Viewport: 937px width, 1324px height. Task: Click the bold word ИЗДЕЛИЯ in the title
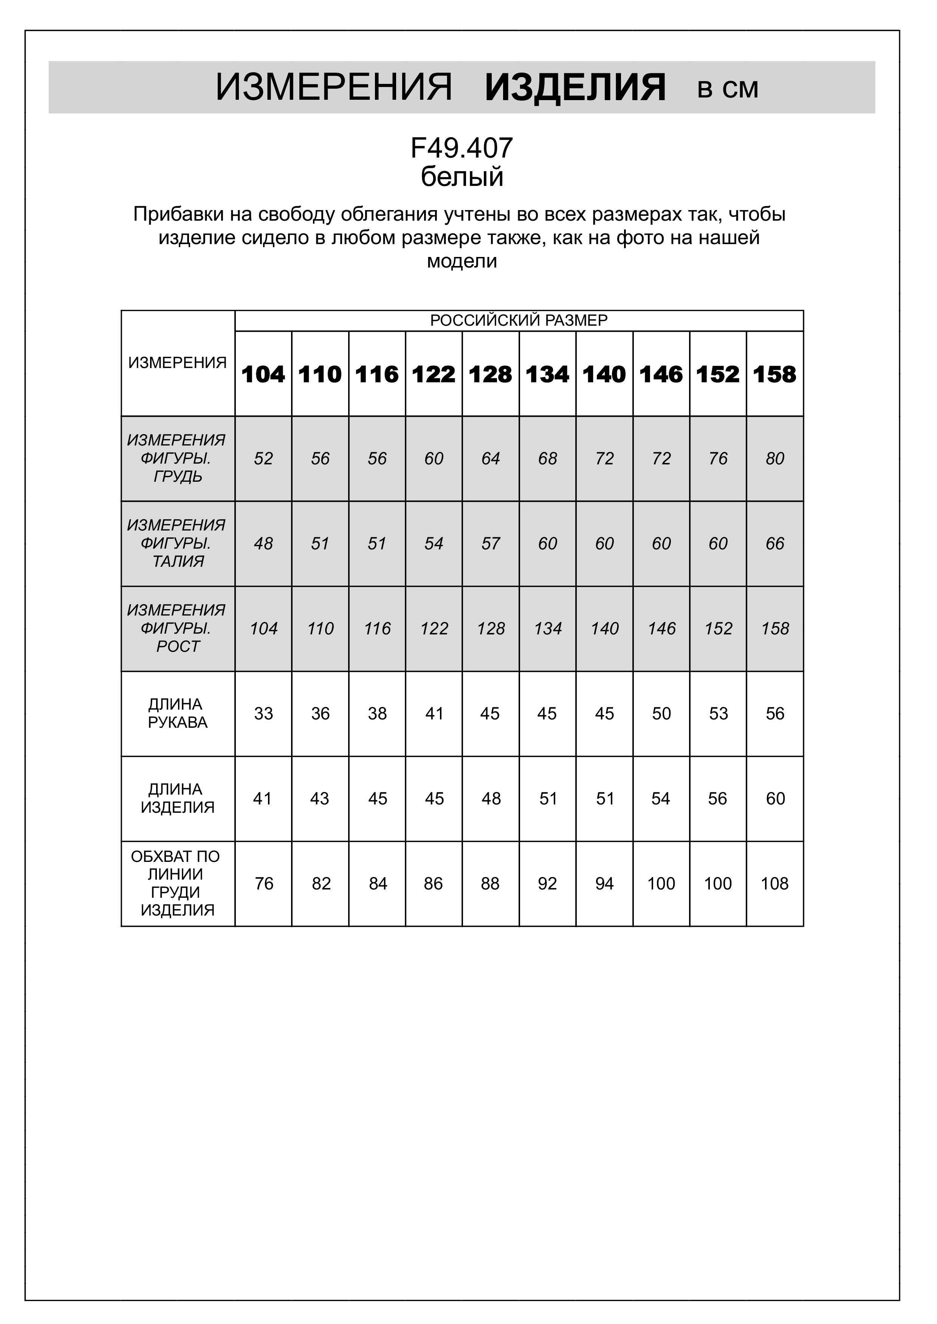575,88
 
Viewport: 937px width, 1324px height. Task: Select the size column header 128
491,375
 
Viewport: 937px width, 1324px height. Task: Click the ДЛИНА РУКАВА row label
177,713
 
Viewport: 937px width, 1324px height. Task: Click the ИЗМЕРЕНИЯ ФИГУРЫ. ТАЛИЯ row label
177,543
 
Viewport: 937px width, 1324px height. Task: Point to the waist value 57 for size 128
491,543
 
